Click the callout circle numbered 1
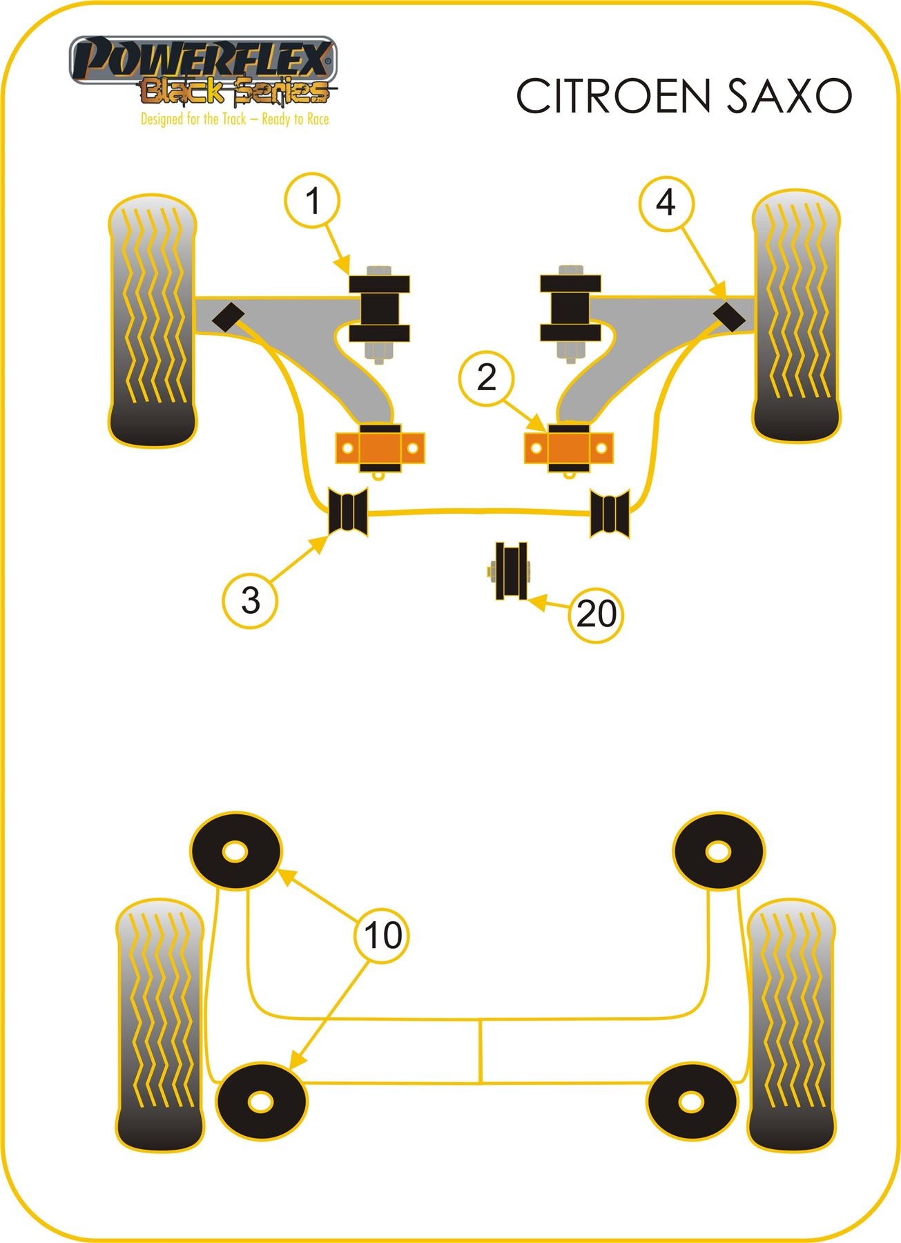tap(313, 201)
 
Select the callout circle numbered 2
tap(487, 378)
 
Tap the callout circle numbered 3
tap(250, 599)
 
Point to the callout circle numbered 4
tap(666, 202)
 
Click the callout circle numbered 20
tap(596, 614)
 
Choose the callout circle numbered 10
tap(382, 936)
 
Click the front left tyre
tap(152, 320)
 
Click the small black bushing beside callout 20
tap(511, 571)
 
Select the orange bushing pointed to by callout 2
tap(569, 448)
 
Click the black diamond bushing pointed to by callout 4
tap(729, 316)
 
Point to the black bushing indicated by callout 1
tap(379, 309)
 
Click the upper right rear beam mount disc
tap(719, 851)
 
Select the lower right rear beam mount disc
tap(691, 1101)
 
